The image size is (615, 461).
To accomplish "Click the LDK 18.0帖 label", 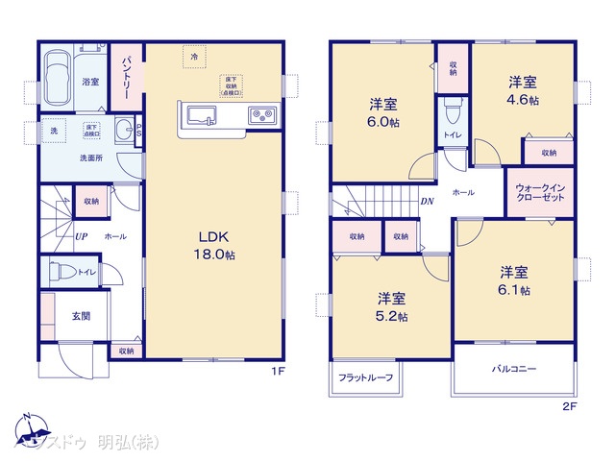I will [x=216, y=246].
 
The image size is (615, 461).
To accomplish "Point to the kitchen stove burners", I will [x=260, y=116].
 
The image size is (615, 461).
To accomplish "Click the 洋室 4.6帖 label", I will [x=523, y=92].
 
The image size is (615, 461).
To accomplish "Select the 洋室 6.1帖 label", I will [x=513, y=279].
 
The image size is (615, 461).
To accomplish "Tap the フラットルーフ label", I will [x=366, y=377].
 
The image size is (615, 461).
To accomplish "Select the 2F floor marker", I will [x=568, y=406].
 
